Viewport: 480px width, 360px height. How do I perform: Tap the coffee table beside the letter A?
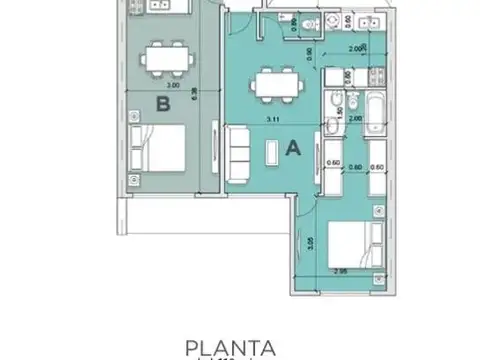point(271,152)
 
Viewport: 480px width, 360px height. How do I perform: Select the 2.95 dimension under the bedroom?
point(339,271)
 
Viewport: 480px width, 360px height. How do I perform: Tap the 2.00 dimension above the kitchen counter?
point(356,48)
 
